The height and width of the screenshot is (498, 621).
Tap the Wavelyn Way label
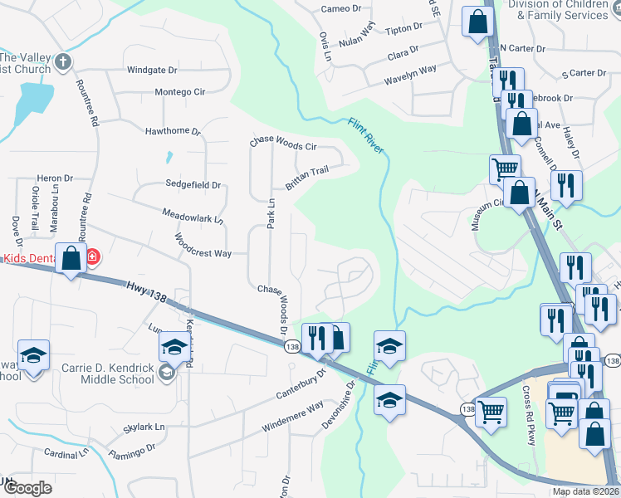(x=410, y=76)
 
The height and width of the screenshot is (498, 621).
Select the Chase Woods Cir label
(x=284, y=144)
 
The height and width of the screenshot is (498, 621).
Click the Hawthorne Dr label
(x=173, y=131)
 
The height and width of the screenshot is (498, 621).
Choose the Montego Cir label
(x=179, y=92)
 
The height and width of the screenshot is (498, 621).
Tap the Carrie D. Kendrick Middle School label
(x=108, y=373)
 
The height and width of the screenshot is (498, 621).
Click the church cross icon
(x=64, y=61)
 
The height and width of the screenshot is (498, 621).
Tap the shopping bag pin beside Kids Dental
(x=71, y=257)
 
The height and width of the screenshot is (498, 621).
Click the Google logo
(x=27, y=488)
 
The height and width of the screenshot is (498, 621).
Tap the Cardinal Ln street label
(x=66, y=454)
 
